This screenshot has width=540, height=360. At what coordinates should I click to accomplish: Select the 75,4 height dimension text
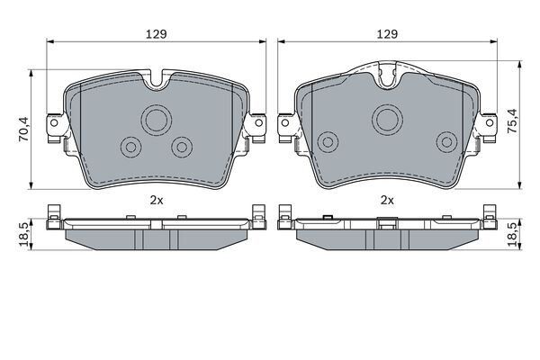pyautogui.click(x=514, y=120)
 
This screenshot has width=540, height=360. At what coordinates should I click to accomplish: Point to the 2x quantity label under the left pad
pyautogui.click(x=157, y=199)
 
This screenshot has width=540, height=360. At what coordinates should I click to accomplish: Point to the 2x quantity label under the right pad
pyautogui.click(x=388, y=199)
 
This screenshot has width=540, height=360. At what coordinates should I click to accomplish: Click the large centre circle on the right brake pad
pyautogui.click(x=388, y=116)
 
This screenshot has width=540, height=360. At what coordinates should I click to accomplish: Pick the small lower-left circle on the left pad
pyautogui.click(x=131, y=147)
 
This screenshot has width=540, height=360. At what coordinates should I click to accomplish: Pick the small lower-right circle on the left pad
pyautogui.click(x=184, y=147)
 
